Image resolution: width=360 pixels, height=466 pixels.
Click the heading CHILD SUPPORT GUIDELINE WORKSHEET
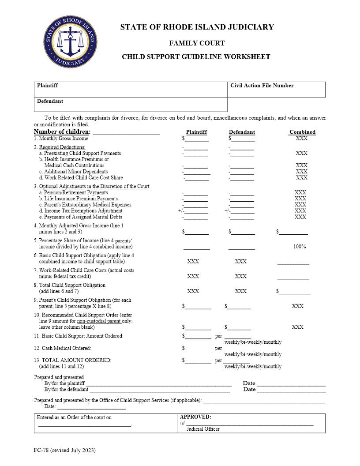[196, 56]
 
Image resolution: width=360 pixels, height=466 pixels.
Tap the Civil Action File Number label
[262, 86]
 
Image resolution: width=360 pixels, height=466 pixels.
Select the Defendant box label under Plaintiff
[50, 101]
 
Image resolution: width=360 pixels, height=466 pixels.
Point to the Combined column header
[302, 132]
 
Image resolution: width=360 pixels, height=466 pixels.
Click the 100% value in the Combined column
[300, 247]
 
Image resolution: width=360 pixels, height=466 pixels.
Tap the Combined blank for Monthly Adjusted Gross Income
[293, 232]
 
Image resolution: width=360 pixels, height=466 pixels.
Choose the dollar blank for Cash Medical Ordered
[198, 349]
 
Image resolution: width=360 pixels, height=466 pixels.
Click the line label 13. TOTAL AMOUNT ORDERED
[73, 360]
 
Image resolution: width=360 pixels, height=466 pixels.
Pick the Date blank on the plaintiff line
[291, 384]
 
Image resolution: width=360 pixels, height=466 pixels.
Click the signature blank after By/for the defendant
[160, 390]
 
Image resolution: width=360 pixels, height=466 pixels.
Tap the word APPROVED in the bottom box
[195, 417]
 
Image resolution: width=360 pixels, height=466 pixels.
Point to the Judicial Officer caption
[203, 429]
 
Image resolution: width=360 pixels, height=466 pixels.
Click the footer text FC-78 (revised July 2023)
[64, 450]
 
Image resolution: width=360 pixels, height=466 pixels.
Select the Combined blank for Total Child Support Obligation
[295, 292]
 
